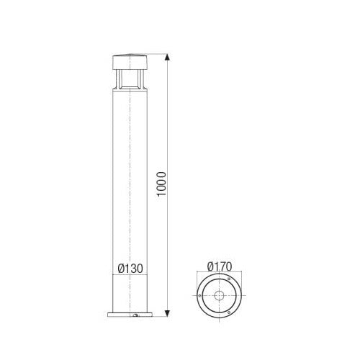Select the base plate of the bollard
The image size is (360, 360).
point(130,315)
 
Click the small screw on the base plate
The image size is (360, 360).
point(135,315)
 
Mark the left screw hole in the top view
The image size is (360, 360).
point(199,295)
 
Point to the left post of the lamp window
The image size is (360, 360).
point(117,77)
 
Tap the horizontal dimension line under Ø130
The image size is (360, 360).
point(130,274)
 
